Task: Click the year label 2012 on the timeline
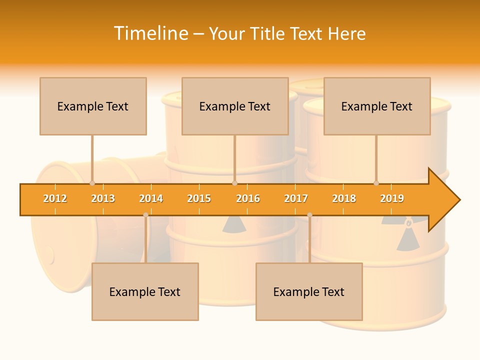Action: click(x=55, y=198)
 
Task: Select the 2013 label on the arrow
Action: click(x=103, y=198)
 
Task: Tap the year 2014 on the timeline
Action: click(x=151, y=198)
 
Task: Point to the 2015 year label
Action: click(x=199, y=198)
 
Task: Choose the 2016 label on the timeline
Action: click(x=248, y=198)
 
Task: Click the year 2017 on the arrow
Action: click(x=296, y=198)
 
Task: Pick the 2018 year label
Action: click(x=344, y=198)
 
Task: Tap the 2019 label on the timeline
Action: click(x=392, y=198)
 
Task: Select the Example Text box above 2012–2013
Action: click(x=93, y=106)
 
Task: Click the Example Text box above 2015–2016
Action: click(x=235, y=106)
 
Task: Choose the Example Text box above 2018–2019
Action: click(x=377, y=106)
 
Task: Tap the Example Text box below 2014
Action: click(x=145, y=291)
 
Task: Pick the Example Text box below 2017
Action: click(x=309, y=291)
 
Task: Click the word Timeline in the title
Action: click(x=150, y=33)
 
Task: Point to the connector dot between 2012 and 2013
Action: click(x=92, y=183)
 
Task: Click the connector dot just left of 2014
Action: click(x=145, y=215)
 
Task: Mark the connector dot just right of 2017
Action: click(x=309, y=215)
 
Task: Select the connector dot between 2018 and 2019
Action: click(x=376, y=183)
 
